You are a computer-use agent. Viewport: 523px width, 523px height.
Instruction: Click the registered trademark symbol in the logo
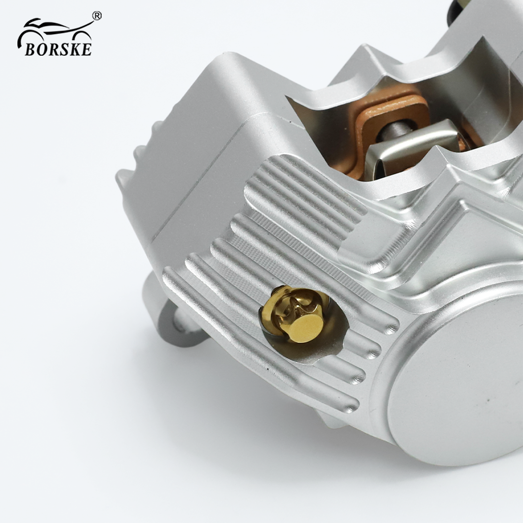tap(96, 15)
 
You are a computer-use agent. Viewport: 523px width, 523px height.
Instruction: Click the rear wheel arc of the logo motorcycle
tap(26, 37)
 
